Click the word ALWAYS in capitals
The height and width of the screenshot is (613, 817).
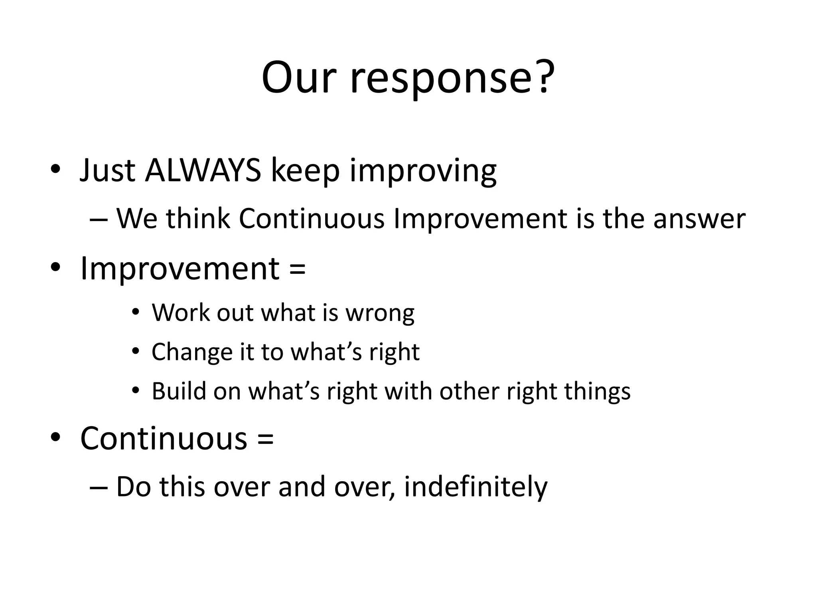[203, 171]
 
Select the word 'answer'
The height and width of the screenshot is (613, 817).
[699, 219]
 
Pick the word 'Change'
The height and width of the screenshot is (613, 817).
[192, 353]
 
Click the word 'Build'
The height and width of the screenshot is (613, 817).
[178, 391]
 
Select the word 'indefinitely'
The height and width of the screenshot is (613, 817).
[476, 488]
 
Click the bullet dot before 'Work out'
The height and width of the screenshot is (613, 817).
[136, 312]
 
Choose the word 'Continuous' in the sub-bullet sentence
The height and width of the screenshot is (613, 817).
[312, 219]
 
